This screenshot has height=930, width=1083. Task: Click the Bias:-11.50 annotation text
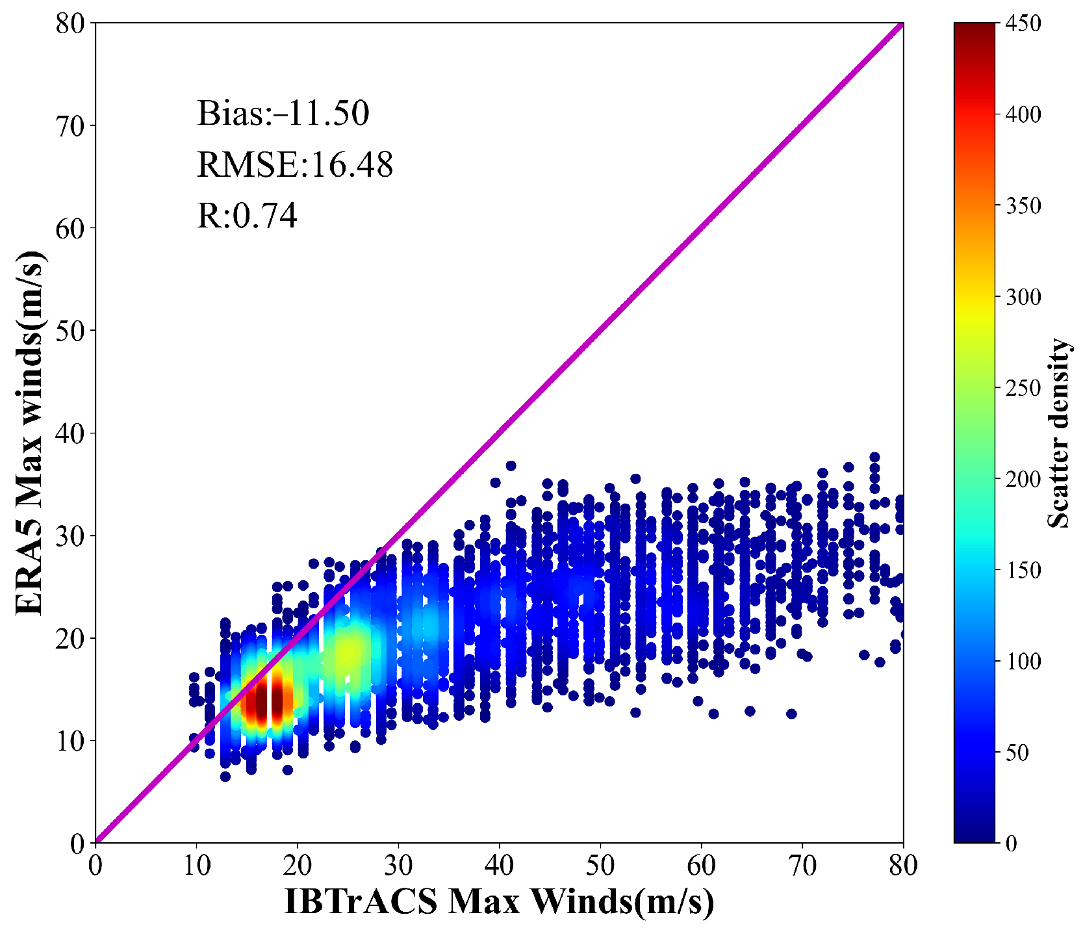point(283,113)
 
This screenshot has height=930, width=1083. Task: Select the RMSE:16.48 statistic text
point(295,164)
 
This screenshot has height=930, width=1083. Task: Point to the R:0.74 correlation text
point(247,216)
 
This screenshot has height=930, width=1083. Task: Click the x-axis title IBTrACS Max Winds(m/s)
point(499,901)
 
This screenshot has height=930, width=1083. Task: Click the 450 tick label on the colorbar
point(1023,24)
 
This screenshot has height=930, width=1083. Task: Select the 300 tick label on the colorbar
point(1023,297)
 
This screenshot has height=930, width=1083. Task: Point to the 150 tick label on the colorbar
point(1023,570)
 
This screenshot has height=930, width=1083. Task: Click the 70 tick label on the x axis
point(802,866)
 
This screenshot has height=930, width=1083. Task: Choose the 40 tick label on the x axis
point(500,866)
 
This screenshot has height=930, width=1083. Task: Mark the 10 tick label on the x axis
point(196,866)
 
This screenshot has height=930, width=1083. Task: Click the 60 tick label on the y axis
point(70,228)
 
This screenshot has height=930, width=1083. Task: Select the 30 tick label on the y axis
point(70,536)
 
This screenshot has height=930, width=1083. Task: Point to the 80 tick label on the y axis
point(70,24)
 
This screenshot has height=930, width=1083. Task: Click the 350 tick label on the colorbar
point(1023,206)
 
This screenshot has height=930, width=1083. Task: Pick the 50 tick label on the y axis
point(70,331)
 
